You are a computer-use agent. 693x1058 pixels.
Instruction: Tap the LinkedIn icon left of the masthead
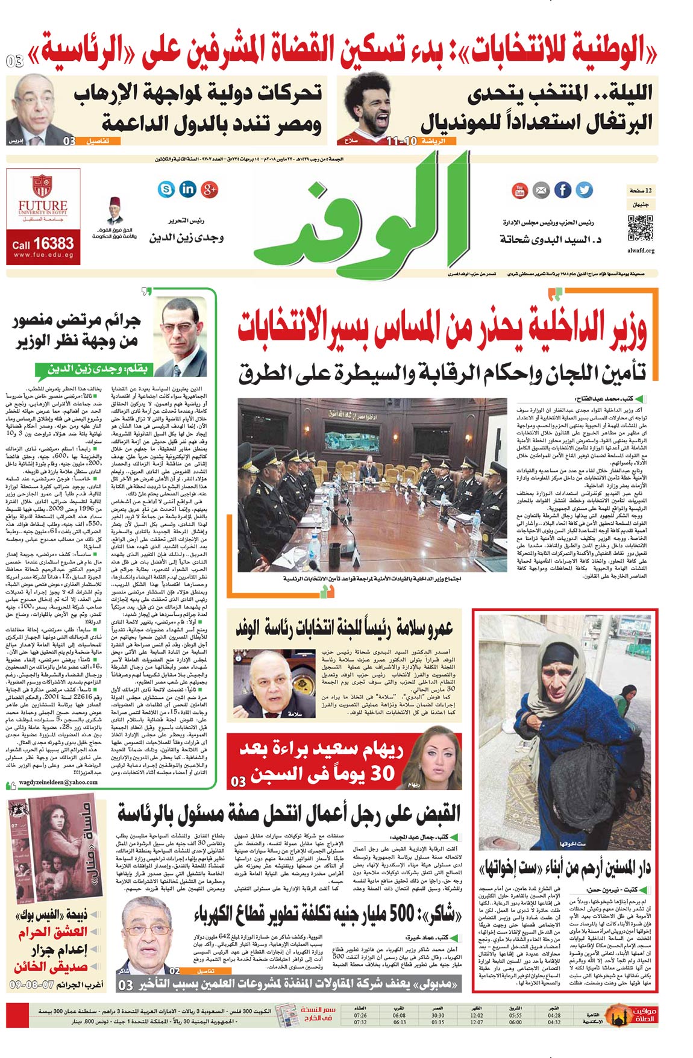pyautogui.click(x=187, y=189)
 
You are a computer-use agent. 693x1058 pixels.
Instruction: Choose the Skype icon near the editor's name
pyautogui.click(x=166, y=189)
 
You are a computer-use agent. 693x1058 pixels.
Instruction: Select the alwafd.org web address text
pyautogui.click(x=641, y=250)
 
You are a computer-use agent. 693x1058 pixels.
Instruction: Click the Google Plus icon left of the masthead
pyautogui.click(x=209, y=189)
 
